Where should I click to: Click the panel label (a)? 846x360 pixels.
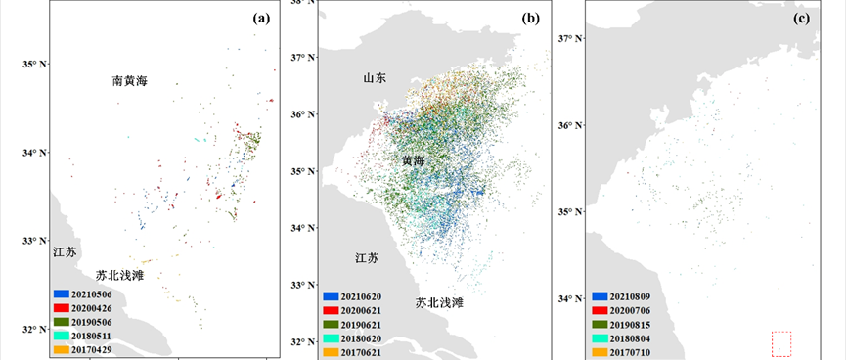pos(261,18)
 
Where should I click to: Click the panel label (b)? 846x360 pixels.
pos(531,18)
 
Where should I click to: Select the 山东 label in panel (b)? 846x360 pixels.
pos(376,78)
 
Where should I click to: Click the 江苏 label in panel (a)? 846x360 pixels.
pos(65,252)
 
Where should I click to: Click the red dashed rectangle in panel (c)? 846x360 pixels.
pos(780,343)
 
